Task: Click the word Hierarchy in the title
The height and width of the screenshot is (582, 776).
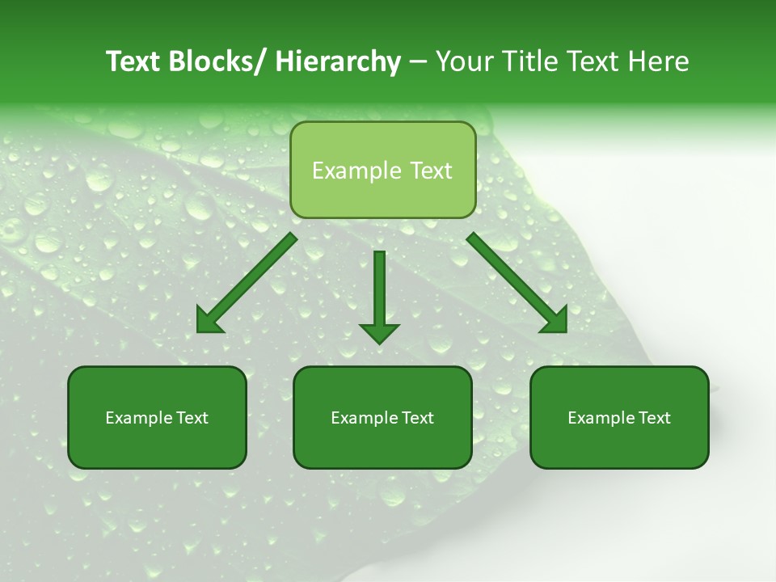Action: (x=338, y=61)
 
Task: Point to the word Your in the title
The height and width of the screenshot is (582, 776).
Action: (x=462, y=61)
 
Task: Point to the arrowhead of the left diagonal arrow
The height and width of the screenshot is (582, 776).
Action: (x=209, y=322)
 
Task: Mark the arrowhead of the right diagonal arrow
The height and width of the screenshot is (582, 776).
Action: (x=555, y=322)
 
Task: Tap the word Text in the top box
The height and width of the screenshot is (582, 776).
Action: (x=430, y=171)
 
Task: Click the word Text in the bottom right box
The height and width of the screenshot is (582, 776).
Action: (x=653, y=418)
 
